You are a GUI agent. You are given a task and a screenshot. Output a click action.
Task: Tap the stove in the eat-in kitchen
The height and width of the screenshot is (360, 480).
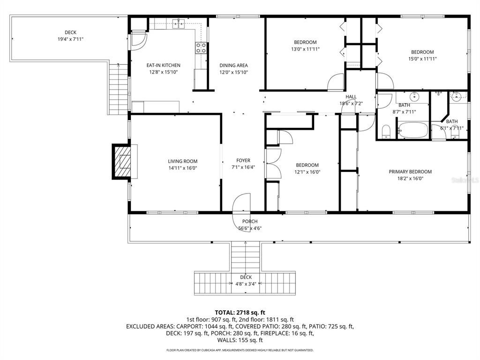point(201,47)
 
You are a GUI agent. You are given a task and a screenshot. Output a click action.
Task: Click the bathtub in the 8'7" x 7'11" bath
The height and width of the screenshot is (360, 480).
point(412,129)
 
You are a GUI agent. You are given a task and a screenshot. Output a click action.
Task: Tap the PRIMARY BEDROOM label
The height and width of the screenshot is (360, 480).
point(410,172)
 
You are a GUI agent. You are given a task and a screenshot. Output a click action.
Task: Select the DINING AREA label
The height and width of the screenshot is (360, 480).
point(233,66)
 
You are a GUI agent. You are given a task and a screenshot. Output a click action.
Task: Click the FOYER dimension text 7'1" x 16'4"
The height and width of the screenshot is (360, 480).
point(243,167)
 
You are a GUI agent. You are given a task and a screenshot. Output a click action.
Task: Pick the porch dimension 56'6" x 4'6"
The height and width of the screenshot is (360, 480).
point(250,228)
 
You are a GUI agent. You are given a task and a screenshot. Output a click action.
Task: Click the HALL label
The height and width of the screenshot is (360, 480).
point(351,97)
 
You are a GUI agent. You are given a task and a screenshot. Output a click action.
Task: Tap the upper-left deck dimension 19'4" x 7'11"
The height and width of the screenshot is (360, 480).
point(70,39)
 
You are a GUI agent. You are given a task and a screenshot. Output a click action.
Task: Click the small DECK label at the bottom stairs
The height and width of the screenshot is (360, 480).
point(246,277)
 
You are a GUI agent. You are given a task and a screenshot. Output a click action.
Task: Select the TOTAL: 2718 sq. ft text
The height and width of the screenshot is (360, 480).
point(240,312)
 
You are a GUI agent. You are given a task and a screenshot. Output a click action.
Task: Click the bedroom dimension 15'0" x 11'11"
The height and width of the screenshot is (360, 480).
point(422,59)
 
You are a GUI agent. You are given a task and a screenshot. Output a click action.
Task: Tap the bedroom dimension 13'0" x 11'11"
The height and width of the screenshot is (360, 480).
point(305,49)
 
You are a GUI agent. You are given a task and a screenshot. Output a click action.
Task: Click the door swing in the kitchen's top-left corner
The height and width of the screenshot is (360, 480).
point(138,41)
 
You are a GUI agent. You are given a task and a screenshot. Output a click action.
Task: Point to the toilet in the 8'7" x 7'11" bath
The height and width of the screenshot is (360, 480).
point(387,131)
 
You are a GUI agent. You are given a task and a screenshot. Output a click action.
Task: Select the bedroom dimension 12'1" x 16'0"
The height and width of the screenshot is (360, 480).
point(307,172)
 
